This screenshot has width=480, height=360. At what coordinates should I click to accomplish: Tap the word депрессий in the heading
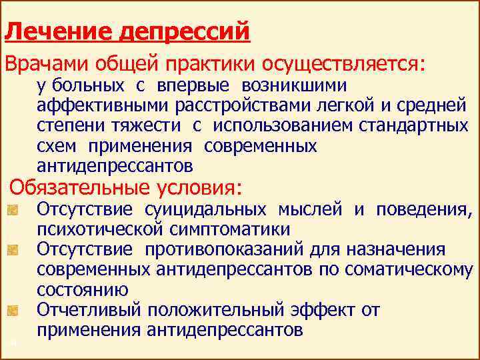click(185, 31)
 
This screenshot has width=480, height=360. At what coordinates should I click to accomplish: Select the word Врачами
click(46, 64)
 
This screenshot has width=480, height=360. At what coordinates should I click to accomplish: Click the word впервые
click(193, 86)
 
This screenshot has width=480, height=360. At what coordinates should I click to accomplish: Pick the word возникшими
click(294, 86)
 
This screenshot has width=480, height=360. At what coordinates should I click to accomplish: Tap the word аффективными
click(103, 105)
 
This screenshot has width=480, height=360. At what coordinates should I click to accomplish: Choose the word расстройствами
click(243, 105)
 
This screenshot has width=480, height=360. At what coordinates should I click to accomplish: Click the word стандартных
click(413, 126)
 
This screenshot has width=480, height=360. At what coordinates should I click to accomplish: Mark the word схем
click(56, 146)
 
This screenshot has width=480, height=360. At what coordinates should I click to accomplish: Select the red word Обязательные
click(79, 187)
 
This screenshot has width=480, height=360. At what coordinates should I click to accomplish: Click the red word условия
click(199, 187)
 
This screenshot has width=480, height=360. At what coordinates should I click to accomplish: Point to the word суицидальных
click(205, 210)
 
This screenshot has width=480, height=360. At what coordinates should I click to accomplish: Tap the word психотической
click(99, 230)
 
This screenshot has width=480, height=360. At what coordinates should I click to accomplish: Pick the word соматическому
click(409, 270)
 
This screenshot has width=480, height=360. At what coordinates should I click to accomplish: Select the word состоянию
click(83, 289)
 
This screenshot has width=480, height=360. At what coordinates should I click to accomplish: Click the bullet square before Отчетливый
click(13, 311)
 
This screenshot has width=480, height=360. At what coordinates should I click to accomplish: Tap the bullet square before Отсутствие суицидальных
click(13, 210)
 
